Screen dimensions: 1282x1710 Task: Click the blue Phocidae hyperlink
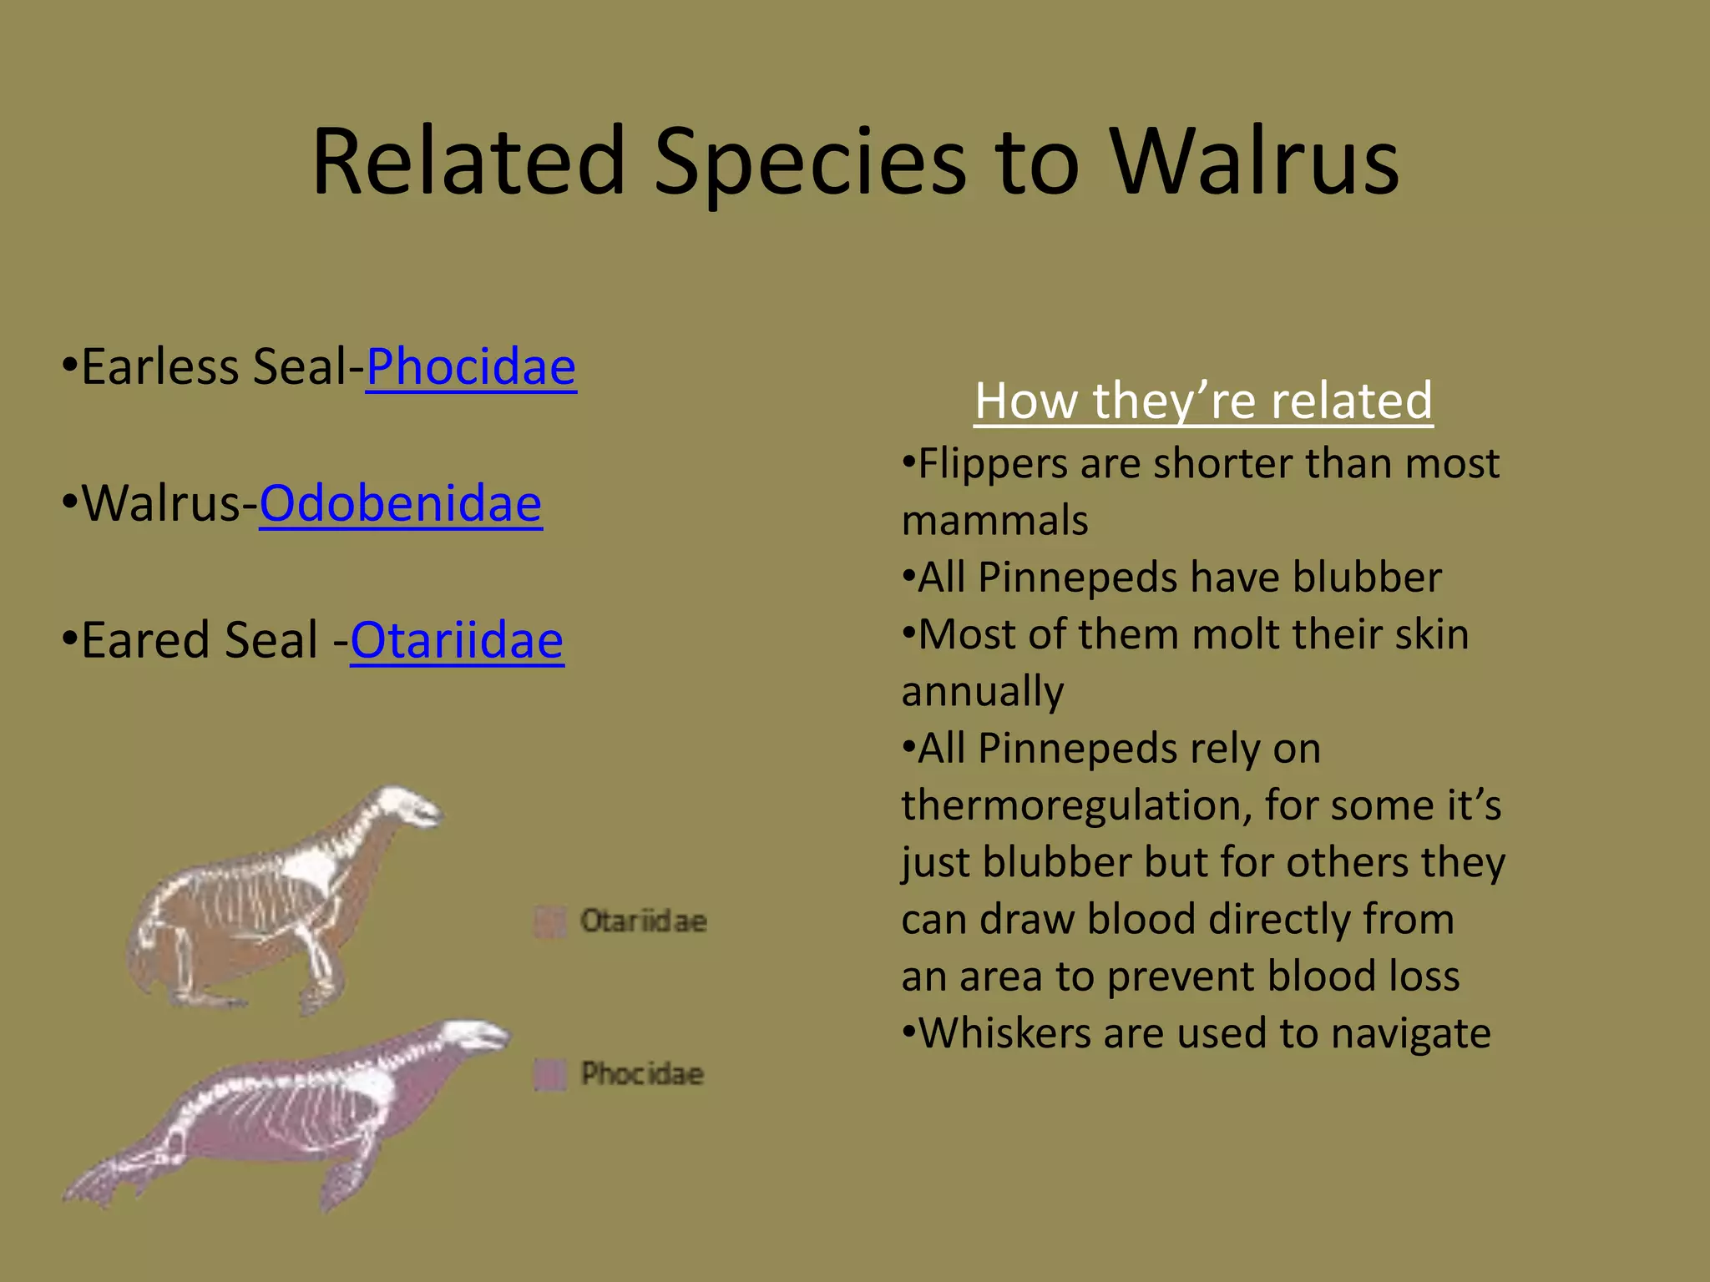pyautogui.click(x=471, y=367)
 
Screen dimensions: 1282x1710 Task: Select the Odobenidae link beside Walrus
pyautogui.click(x=401, y=504)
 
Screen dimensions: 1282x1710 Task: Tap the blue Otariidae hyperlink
pyautogui.click(x=457, y=641)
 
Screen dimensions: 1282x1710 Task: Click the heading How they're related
pyautogui.click(x=1203, y=401)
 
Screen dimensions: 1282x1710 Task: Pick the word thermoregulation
pyautogui.click(x=1075, y=806)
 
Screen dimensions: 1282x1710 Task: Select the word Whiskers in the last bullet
pyautogui.click(x=1004, y=1033)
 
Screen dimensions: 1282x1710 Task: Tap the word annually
pyautogui.click(x=983, y=692)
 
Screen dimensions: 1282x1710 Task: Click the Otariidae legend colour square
pyautogui.click(x=549, y=921)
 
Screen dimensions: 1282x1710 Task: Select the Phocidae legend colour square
pyautogui.click(x=549, y=1074)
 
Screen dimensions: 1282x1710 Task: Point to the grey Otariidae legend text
pyautogui.click(x=644, y=921)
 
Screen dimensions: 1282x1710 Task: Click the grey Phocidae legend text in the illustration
pyautogui.click(x=642, y=1074)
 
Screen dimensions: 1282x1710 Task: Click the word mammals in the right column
pyautogui.click(x=994, y=521)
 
